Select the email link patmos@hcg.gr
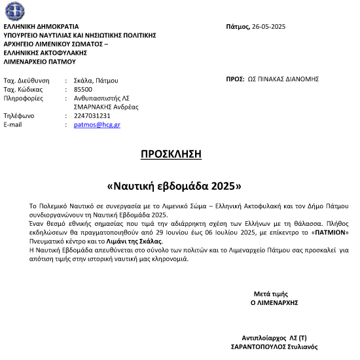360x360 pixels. [x=97, y=124]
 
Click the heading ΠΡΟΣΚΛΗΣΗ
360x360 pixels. [x=171, y=154]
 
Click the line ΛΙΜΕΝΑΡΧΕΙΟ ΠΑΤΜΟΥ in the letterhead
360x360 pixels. [x=40, y=62]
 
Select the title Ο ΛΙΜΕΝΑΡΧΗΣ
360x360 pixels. [x=274, y=303]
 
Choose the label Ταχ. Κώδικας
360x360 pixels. [x=23, y=88]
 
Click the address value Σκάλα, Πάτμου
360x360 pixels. [x=96, y=79]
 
